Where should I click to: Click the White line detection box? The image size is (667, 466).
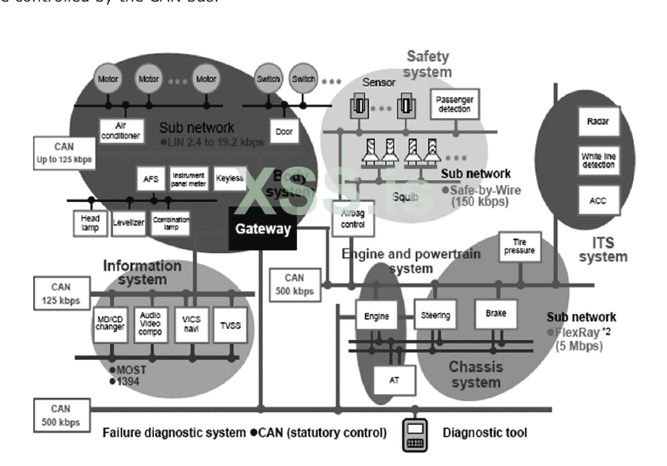click(597, 161)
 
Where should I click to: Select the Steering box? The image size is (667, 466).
click(435, 316)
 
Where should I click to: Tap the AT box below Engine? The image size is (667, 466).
click(394, 380)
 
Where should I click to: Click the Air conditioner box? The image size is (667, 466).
click(120, 131)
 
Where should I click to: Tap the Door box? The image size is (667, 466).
click(286, 131)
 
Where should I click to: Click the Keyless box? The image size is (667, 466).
click(229, 179)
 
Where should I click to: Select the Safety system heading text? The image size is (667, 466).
click(429, 63)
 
